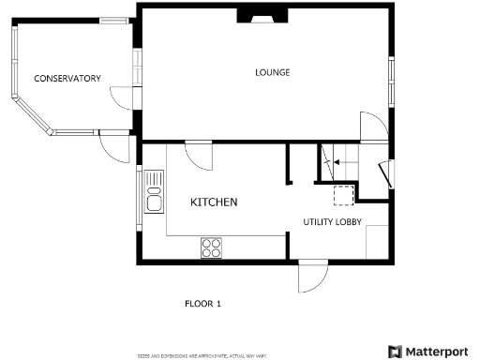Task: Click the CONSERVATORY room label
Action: tap(67, 79)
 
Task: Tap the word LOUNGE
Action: tap(273, 72)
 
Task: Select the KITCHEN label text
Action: tap(214, 202)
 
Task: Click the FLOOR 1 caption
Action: tap(202, 304)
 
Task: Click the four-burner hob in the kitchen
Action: tap(211, 247)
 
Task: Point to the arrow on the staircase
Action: tap(329, 161)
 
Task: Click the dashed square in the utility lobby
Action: tap(344, 194)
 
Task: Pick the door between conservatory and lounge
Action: tap(124, 98)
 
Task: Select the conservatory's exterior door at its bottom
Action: tap(114, 148)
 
